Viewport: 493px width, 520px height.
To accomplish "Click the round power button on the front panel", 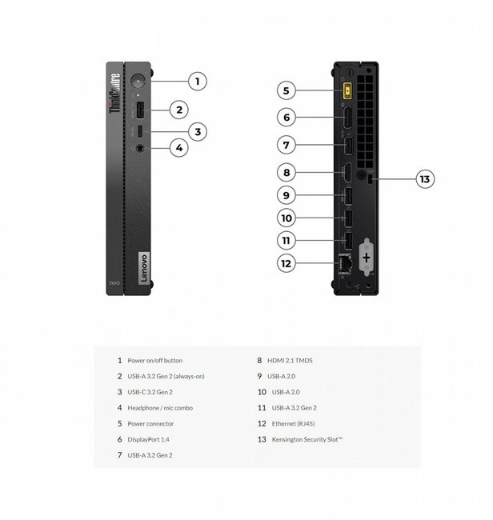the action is point(138,81).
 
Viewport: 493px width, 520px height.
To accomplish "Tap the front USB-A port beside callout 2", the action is point(140,110).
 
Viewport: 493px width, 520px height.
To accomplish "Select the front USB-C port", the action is point(140,132).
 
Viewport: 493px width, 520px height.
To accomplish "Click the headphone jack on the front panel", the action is point(140,148).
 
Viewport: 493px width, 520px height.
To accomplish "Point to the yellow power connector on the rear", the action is point(347,90).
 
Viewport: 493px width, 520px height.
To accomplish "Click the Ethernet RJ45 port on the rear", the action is point(345,263).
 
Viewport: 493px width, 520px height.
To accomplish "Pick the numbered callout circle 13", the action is point(425,179).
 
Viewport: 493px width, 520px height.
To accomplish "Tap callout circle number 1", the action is point(198,82).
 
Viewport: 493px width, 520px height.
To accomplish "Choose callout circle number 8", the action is point(287,173).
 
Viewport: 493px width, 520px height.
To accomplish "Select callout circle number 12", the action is point(286,263).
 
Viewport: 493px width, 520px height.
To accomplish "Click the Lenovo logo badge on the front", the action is point(143,268).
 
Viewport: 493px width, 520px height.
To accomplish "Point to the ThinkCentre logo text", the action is point(114,93).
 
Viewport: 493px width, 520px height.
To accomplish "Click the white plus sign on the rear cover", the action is point(367,258).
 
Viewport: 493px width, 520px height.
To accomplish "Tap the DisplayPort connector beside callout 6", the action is point(347,118).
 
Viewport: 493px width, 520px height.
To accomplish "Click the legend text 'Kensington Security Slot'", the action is point(307,439).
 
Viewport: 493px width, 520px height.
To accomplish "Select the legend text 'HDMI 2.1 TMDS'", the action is point(290,361).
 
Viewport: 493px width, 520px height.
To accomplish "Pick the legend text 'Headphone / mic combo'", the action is point(160,408).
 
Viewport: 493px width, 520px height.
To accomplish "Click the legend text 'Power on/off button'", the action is point(155,361).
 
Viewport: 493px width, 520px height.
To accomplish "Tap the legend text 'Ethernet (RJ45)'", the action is point(293,424).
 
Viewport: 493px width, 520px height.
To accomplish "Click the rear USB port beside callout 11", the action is point(348,241).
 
